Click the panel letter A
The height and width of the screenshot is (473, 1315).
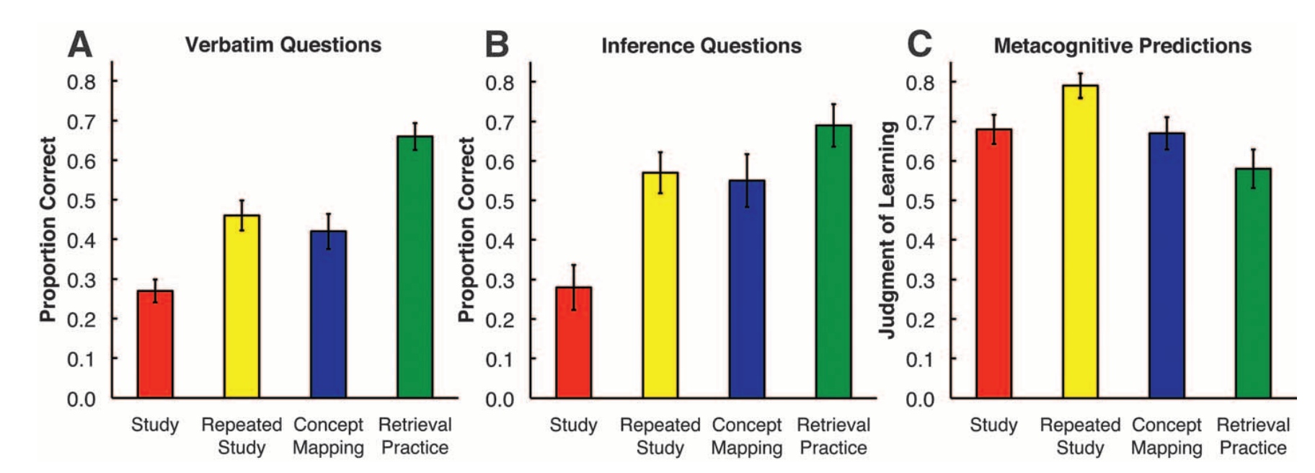[80, 44]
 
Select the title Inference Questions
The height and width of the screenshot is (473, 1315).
[701, 45]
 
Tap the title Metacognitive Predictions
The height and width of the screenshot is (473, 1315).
[1123, 45]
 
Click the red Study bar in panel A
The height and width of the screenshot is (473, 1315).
[155, 344]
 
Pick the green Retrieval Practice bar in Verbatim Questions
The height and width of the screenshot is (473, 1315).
[415, 267]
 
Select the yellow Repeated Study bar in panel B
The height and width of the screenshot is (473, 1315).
[660, 285]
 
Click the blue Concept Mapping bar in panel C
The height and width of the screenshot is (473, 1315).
[1166, 265]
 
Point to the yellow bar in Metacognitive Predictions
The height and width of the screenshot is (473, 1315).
[1080, 242]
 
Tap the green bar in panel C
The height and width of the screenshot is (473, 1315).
[1253, 283]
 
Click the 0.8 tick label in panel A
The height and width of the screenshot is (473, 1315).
[81, 82]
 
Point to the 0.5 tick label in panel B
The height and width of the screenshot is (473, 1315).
[500, 201]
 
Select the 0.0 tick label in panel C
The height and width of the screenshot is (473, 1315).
[920, 399]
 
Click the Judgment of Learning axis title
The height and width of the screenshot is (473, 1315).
[887, 229]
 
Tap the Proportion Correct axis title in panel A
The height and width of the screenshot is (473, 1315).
[48, 229]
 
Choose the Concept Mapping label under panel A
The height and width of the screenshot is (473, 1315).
[328, 436]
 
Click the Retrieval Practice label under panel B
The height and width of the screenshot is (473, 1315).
[833, 436]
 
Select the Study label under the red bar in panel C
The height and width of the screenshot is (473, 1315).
[993, 425]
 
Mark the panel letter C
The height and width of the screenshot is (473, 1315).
[919, 44]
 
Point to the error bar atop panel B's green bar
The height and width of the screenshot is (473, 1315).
[833, 125]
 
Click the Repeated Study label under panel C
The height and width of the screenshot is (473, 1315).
[1080, 436]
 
